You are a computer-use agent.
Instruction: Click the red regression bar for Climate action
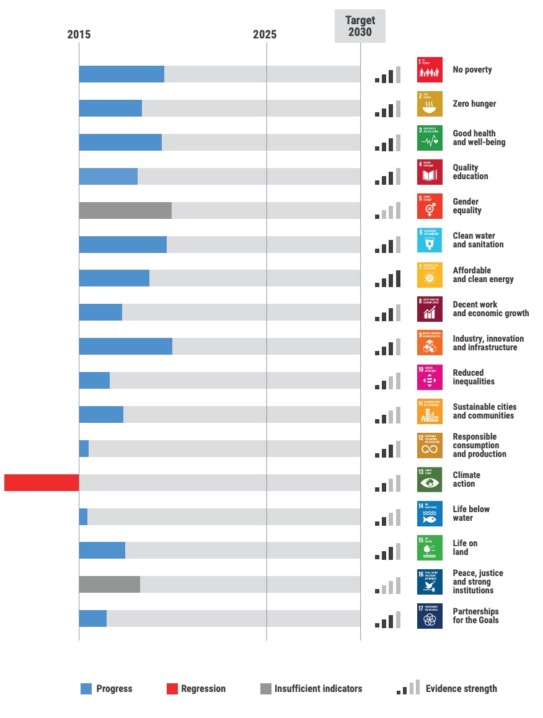click(42, 482)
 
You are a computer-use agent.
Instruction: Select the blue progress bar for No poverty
click(121, 74)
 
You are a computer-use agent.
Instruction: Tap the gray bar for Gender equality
click(125, 210)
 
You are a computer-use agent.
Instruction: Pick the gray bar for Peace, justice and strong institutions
click(109, 584)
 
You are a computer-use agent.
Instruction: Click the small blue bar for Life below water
click(83, 516)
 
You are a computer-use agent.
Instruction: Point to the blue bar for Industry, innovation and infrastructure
click(125, 346)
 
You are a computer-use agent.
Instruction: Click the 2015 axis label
click(79, 35)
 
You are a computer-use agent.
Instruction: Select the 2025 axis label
click(265, 35)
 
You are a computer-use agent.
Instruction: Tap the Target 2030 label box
click(360, 26)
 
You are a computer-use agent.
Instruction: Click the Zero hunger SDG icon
click(430, 104)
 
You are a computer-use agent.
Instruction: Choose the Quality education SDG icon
click(430, 172)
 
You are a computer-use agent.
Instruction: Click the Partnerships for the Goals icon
click(430, 616)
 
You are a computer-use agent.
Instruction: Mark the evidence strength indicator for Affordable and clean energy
click(388, 279)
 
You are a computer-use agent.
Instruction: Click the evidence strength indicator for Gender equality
click(388, 211)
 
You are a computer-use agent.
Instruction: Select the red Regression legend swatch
click(172, 688)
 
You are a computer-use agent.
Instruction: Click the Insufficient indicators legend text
click(318, 688)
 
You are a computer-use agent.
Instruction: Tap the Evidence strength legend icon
click(408, 688)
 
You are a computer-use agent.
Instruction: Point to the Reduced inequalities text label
click(474, 377)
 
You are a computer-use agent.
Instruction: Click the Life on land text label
click(465, 547)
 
